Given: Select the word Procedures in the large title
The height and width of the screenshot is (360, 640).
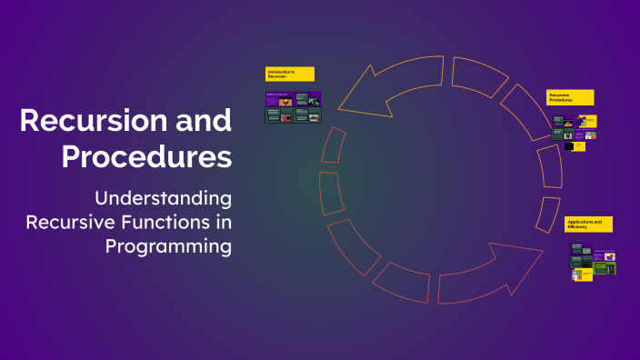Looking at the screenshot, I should (146, 155).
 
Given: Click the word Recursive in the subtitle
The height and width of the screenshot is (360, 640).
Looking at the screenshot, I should (70, 222).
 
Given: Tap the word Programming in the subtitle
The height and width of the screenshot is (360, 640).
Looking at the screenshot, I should (169, 245).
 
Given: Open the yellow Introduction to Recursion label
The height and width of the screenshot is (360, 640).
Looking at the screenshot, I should (289, 74).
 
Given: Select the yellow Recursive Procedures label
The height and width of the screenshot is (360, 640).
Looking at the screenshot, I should (570, 97).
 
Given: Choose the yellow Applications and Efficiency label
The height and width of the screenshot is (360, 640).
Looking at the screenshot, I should (588, 224).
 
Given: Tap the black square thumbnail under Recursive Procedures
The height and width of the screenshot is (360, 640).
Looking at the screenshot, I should (569, 145).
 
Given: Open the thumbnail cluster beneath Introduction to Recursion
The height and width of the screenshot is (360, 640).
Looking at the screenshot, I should (292, 107).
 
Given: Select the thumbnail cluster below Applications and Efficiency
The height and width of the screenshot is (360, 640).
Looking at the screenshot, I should (592, 261).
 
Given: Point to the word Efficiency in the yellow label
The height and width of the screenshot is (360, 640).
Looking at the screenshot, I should (577, 227).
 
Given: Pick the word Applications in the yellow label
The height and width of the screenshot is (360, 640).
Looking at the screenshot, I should (579, 221).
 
